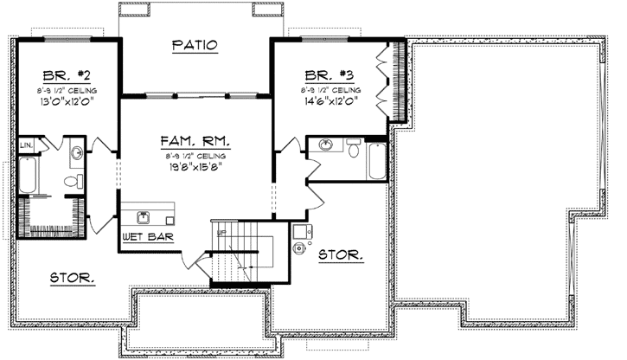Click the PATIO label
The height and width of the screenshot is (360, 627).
(194, 45)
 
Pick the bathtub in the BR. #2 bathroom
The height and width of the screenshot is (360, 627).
(27, 177)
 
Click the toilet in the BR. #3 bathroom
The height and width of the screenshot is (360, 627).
(353, 150)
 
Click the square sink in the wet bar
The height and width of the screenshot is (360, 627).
(141, 215)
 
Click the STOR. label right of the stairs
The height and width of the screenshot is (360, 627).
(341, 255)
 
